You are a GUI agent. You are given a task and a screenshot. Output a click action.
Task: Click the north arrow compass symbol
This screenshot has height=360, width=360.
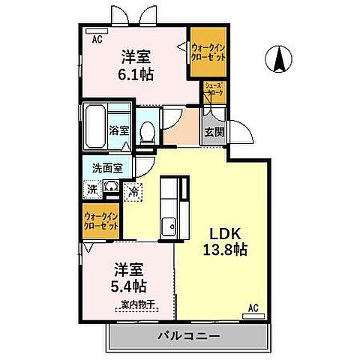(x=278, y=59)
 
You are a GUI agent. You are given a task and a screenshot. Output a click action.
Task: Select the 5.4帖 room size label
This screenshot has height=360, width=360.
(x=130, y=286)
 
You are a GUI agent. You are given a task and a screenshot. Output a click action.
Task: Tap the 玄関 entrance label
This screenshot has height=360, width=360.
(x=214, y=132)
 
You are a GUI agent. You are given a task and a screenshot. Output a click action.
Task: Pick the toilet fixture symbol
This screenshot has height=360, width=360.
(x=148, y=130)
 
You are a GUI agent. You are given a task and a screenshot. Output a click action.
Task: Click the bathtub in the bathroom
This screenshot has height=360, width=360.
(x=94, y=128)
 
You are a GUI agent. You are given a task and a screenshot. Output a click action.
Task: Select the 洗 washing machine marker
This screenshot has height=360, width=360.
(x=91, y=190)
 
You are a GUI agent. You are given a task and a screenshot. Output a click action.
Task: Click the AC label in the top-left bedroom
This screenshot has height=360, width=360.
(x=97, y=40)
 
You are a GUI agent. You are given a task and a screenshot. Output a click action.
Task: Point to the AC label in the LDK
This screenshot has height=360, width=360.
(x=253, y=306)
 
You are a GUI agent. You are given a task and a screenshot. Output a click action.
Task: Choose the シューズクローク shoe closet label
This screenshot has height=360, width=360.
(x=214, y=88)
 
